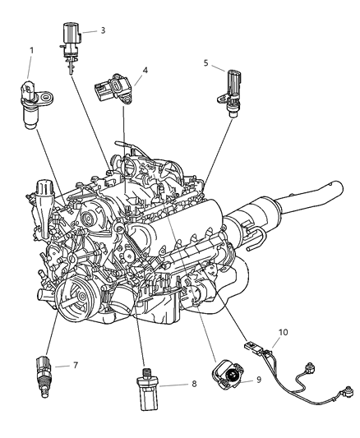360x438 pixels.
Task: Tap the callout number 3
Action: (x=103, y=30)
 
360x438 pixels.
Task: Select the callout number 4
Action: (x=145, y=71)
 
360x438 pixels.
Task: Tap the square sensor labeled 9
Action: (x=231, y=376)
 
